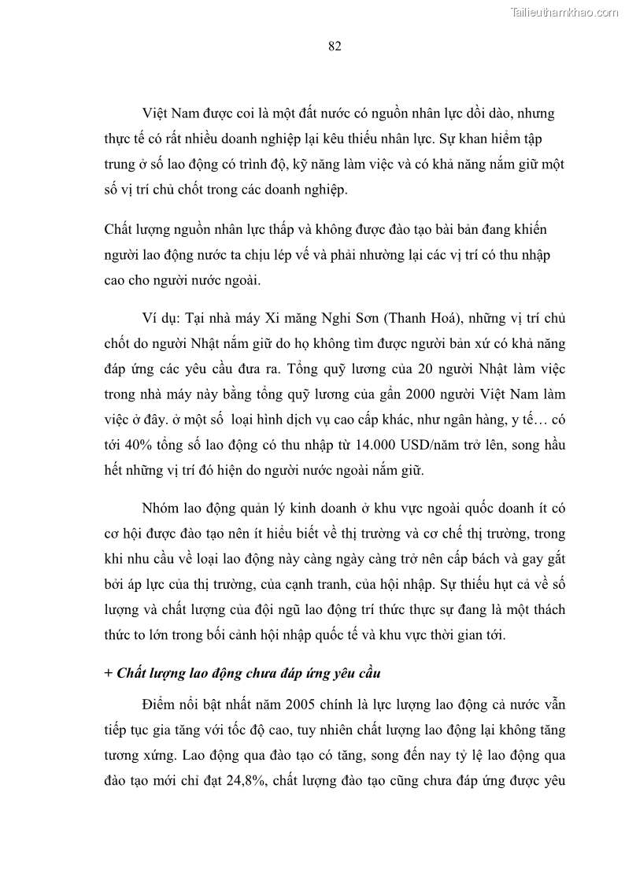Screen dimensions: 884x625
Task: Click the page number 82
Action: pyautogui.click(x=334, y=46)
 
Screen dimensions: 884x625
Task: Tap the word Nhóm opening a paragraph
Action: pyautogui.click(x=161, y=509)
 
